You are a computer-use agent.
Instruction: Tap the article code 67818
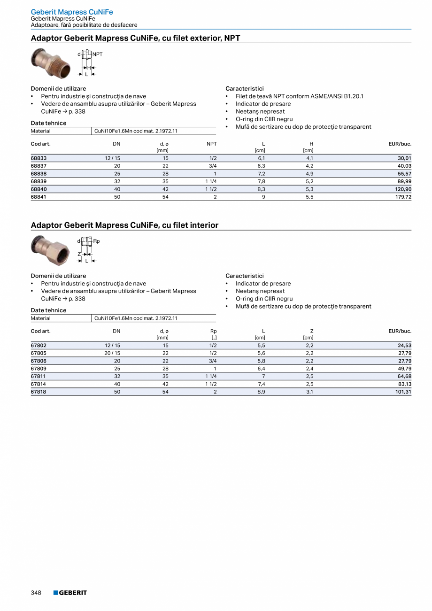click(x=39, y=392)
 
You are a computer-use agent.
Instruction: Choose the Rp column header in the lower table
click(x=213, y=331)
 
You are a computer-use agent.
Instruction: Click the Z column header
click(x=311, y=331)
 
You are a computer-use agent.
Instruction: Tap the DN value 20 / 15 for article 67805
click(x=112, y=353)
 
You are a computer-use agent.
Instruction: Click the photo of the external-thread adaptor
click(x=50, y=63)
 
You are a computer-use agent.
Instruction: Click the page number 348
click(x=36, y=593)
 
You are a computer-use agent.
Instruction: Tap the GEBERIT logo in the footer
click(x=70, y=593)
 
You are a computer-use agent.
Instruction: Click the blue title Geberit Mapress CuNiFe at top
click(x=72, y=12)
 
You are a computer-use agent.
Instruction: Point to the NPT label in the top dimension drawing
click(x=97, y=54)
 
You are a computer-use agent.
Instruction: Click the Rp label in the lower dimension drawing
click(x=96, y=241)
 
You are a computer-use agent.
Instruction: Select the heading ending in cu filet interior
click(x=124, y=225)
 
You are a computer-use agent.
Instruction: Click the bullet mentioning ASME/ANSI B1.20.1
click(x=299, y=96)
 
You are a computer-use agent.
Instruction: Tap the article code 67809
click(x=39, y=369)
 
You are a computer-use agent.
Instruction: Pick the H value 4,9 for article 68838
click(x=309, y=174)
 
